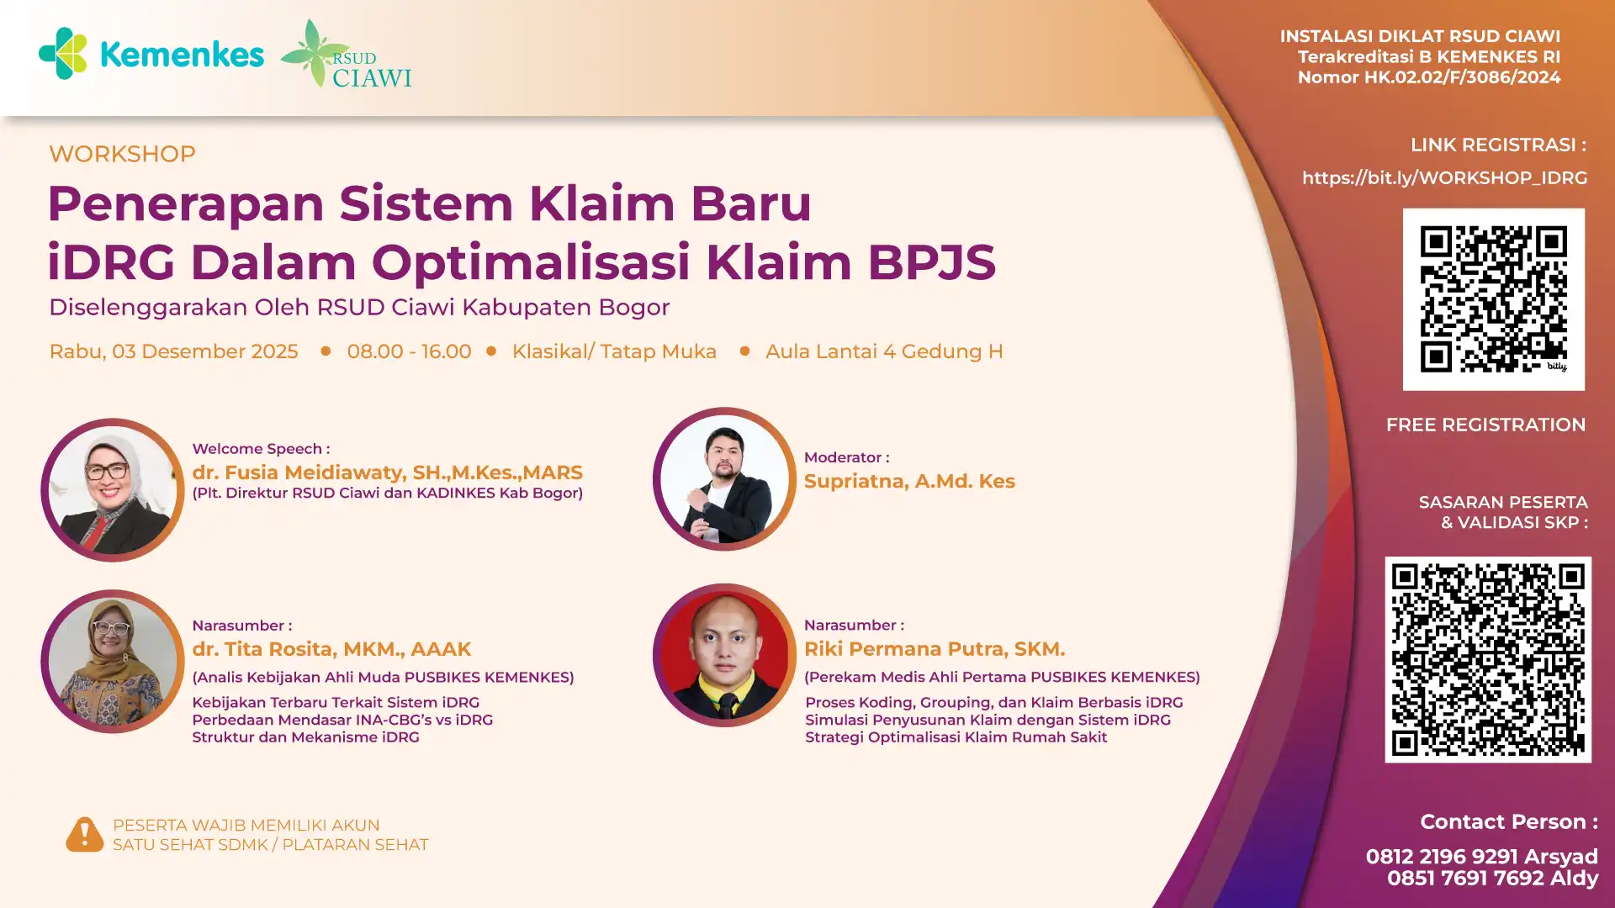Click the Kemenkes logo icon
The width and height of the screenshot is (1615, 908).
point(63,53)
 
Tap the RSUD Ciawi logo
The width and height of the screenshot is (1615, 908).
point(346,54)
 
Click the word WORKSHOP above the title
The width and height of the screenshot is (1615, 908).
point(122,154)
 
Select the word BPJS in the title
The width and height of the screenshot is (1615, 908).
point(932,262)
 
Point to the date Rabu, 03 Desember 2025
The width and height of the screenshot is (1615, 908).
point(173,351)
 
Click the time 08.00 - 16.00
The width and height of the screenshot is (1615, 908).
point(409,351)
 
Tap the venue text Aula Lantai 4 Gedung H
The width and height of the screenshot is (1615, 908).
point(884,351)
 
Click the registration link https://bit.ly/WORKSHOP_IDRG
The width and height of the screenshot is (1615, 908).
point(1444,178)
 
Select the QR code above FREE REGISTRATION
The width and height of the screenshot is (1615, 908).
point(1494,299)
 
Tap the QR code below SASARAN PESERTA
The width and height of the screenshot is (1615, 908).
point(1488,660)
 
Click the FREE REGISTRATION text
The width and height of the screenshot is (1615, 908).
point(1485,425)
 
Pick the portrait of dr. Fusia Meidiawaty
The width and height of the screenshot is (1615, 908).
point(113,490)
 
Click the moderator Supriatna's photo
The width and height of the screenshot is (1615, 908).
point(724,479)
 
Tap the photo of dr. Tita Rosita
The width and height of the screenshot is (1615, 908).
point(113,661)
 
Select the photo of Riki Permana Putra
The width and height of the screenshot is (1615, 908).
point(724,655)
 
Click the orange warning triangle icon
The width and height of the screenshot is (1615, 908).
point(84,835)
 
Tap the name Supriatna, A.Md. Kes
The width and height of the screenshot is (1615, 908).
point(909,481)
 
